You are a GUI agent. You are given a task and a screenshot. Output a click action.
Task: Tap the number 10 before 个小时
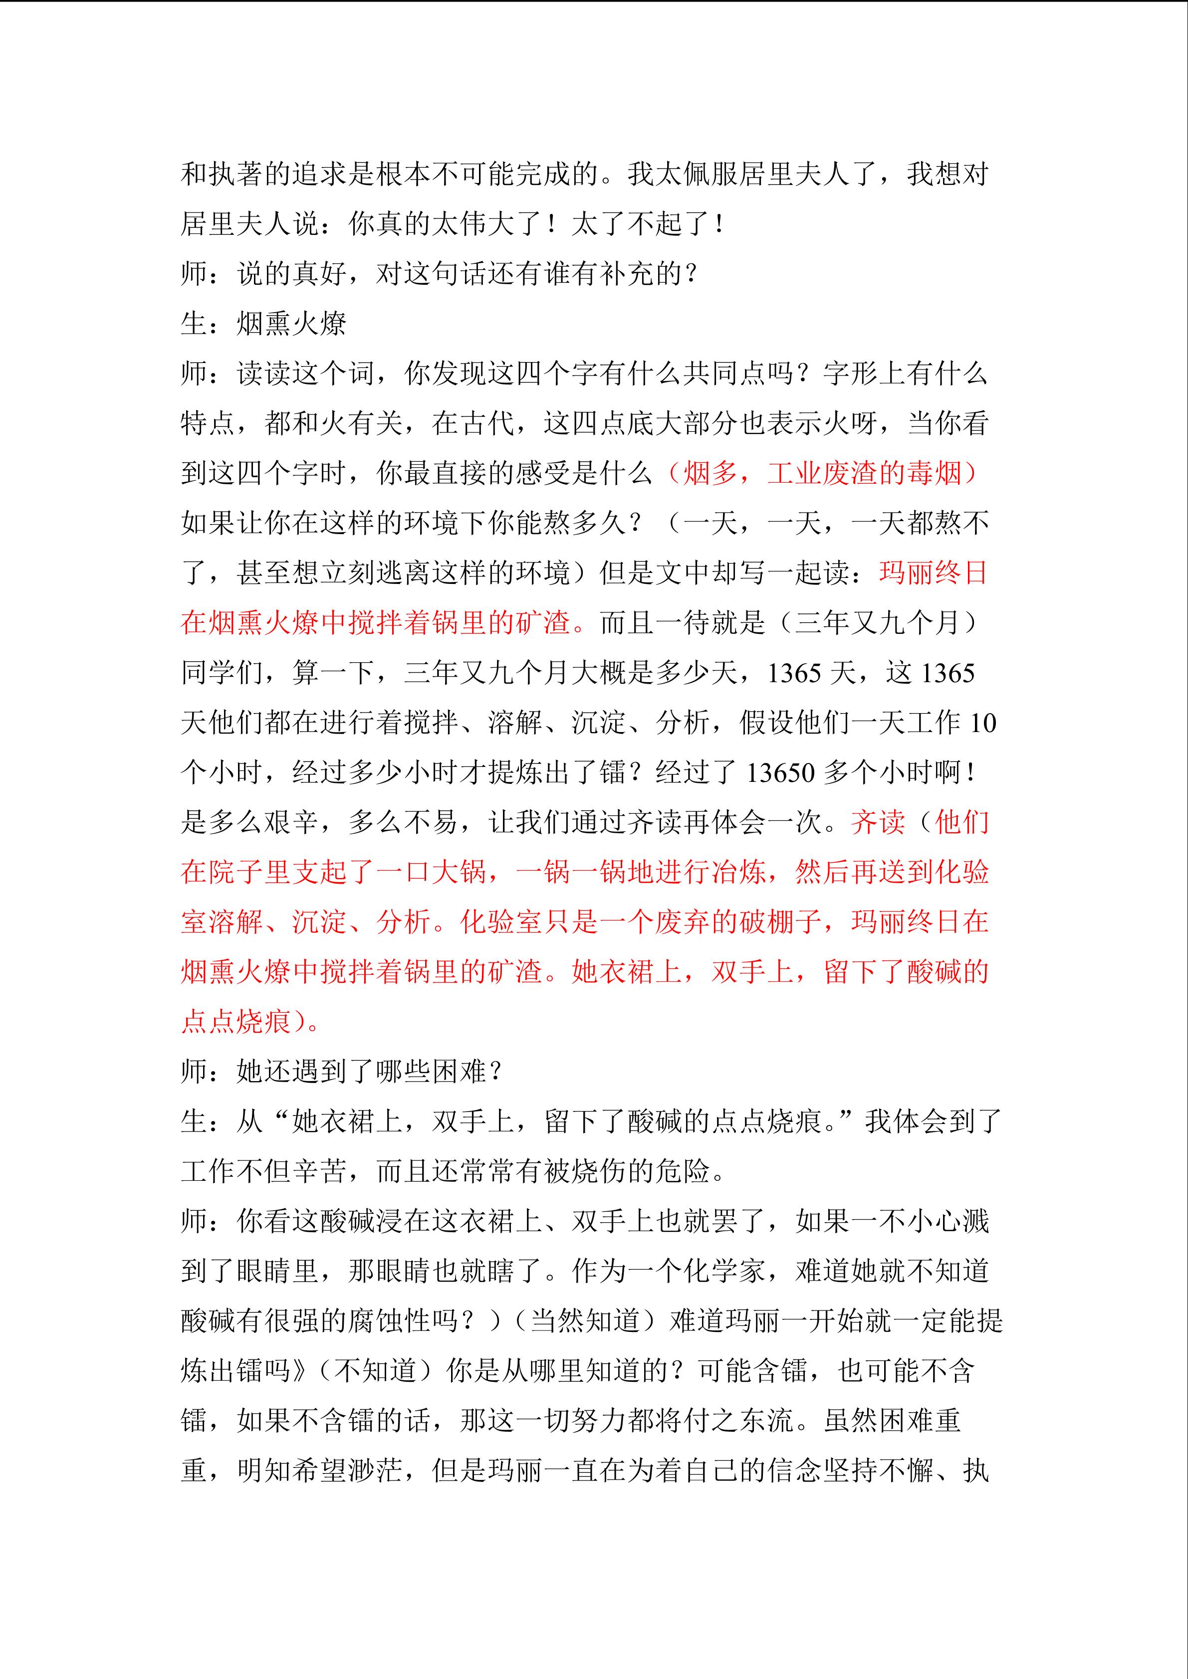pyautogui.click(x=983, y=723)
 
